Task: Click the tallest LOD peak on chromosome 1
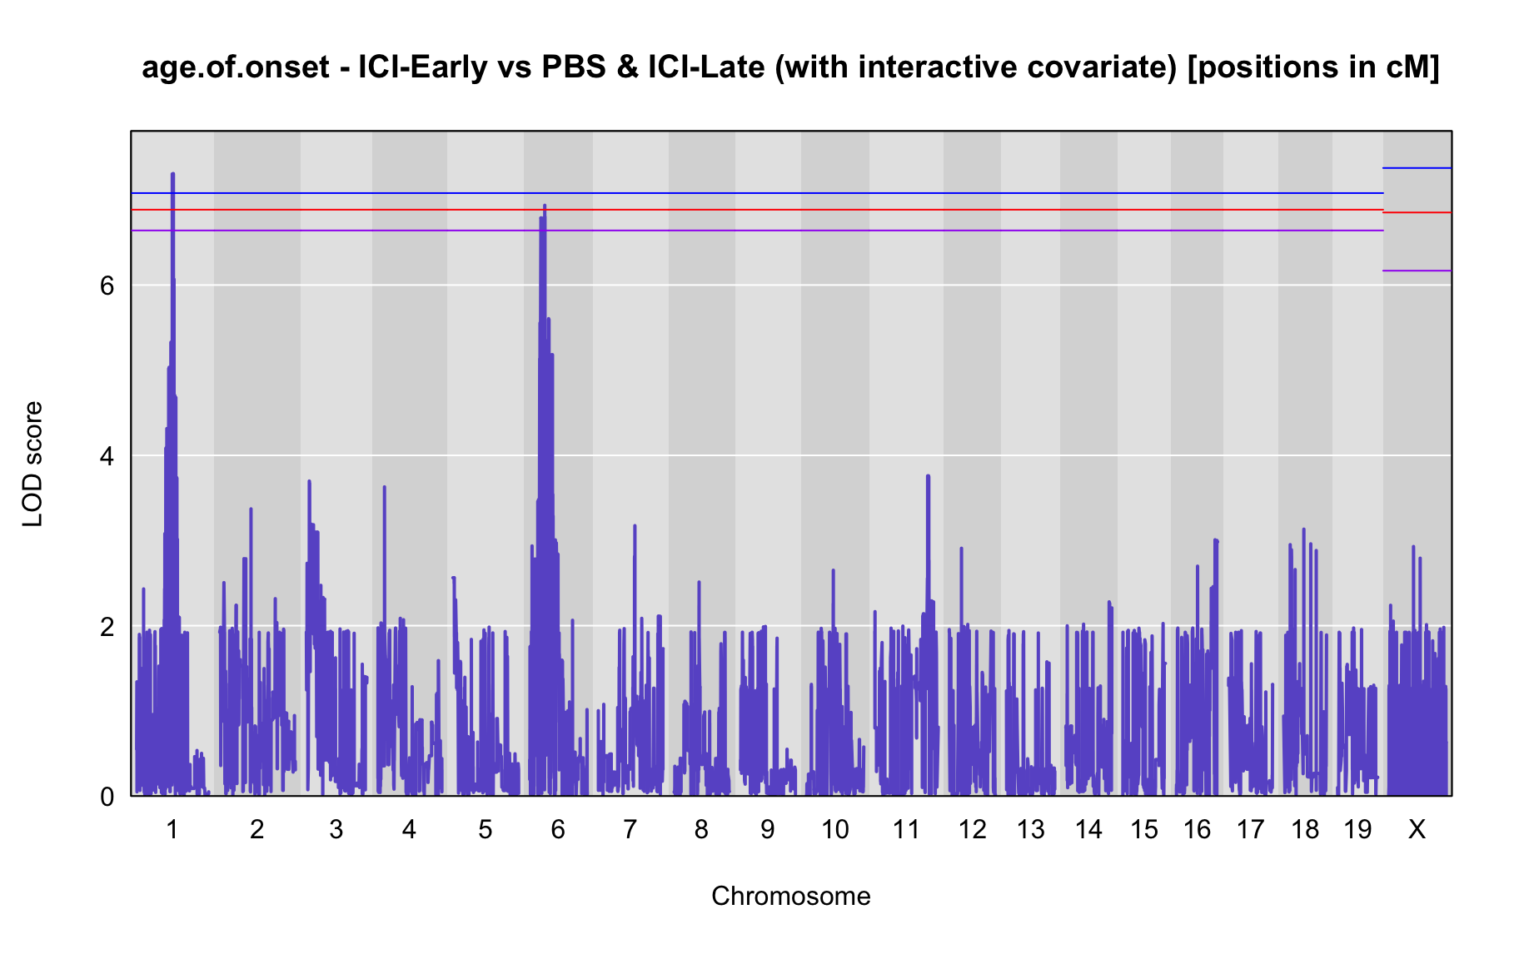[x=172, y=174]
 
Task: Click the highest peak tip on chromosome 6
[x=545, y=206]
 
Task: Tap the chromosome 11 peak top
[x=928, y=475]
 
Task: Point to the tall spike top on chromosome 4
[x=384, y=487]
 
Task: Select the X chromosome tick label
[x=1417, y=830]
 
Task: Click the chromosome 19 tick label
[x=1357, y=830]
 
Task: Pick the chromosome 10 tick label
[x=835, y=830]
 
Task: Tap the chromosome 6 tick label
[x=558, y=830]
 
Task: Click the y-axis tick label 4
[x=107, y=456]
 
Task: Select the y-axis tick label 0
[x=107, y=797]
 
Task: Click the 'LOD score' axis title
[x=33, y=464]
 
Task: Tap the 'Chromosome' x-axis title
[x=791, y=897]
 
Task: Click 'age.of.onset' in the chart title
[x=236, y=67]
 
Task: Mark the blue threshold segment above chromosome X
[x=1417, y=168]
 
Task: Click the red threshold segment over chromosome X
[x=1417, y=212]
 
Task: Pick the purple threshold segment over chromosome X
[x=1417, y=271]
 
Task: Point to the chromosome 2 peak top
[x=251, y=509]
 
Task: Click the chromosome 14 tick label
[x=1088, y=830]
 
